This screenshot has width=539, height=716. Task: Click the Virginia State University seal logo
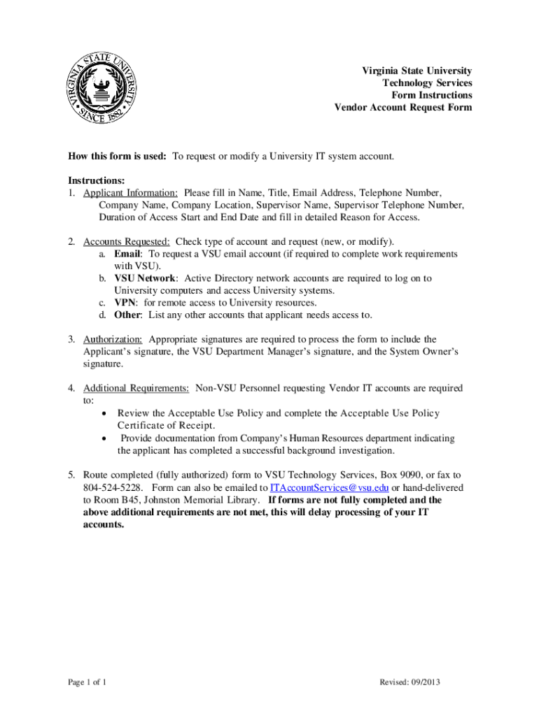pyautogui.click(x=103, y=89)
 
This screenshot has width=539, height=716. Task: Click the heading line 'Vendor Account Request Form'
pyautogui.click(x=402, y=108)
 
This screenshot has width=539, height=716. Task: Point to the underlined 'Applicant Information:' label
pyautogui.click(x=130, y=192)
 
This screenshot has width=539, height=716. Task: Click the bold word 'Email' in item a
pyautogui.click(x=128, y=254)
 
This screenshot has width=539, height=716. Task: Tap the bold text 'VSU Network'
pyautogui.click(x=145, y=278)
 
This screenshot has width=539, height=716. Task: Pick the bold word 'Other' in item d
pyautogui.click(x=128, y=315)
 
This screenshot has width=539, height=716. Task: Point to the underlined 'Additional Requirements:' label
pyautogui.click(x=136, y=388)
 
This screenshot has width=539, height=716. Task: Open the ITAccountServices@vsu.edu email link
pyautogui.click(x=329, y=487)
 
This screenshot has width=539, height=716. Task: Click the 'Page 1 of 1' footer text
pyautogui.click(x=87, y=682)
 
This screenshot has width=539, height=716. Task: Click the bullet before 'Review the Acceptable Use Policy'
pyautogui.click(x=104, y=413)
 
